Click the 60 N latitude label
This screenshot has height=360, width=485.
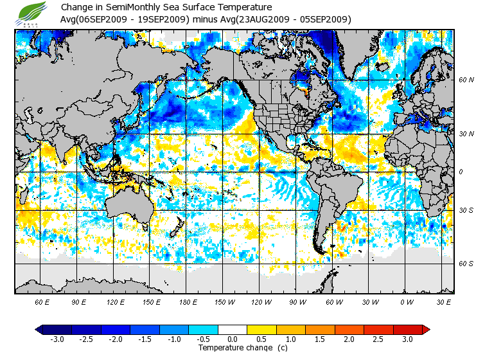[466, 80]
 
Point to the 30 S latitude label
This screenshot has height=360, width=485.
[466, 210]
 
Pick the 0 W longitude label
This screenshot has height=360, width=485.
[407, 302]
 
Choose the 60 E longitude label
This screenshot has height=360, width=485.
[42, 302]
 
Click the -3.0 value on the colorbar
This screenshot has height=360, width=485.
[57, 339]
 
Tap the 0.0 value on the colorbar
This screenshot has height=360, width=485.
[233, 339]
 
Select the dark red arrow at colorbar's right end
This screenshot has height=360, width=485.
[425, 330]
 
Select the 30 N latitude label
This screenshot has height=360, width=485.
[466, 133]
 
